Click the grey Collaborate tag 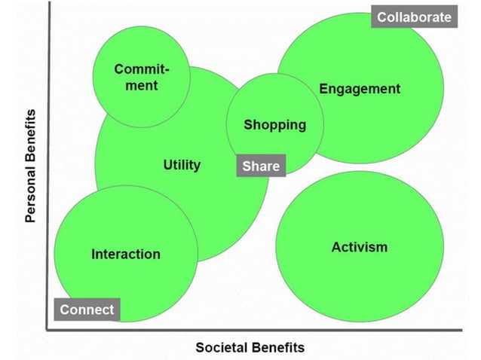[x=414, y=17]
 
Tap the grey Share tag [x=260, y=166]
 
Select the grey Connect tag [x=87, y=310]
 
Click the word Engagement [x=360, y=89]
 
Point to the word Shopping [x=274, y=124]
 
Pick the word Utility [x=182, y=164]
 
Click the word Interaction [x=126, y=254]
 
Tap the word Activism [x=360, y=247]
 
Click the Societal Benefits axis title [x=250, y=347]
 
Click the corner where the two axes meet [x=47, y=328]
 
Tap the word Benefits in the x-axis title [x=278, y=347]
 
